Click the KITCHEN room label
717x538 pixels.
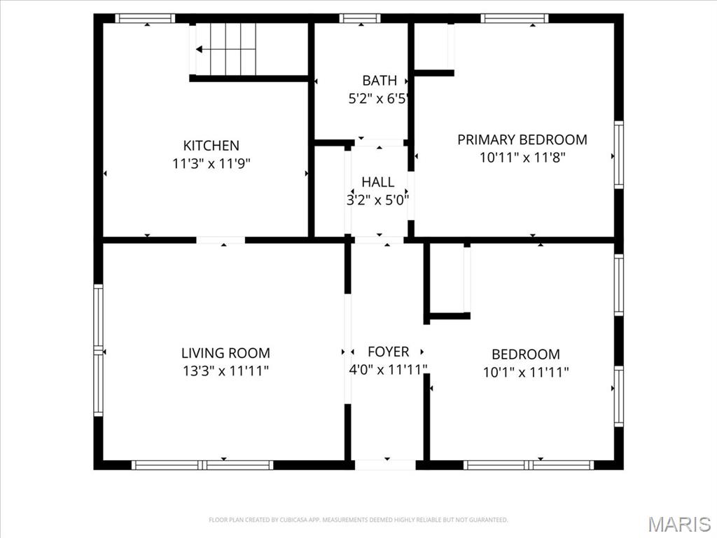[x=211, y=146]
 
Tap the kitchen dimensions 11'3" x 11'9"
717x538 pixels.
[x=211, y=164]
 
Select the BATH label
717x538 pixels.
[x=380, y=81]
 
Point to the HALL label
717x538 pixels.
[x=377, y=182]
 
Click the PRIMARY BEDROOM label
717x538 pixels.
[x=522, y=139]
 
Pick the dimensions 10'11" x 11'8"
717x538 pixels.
[x=522, y=158]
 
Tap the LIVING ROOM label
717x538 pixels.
[x=225, y=354]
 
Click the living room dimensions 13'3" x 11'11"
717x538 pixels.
[x=225, y=371]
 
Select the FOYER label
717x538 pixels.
[x=389, y=352]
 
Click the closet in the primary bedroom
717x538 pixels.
[x=433, y=46]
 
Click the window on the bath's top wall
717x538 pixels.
[x=360, y=18]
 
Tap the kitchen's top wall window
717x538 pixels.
[x=145, y=18]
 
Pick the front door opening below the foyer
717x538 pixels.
[x=384, y=464]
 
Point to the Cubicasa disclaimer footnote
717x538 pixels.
[x=358, y=520]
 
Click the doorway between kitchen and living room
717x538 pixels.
[x=221, y=240]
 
